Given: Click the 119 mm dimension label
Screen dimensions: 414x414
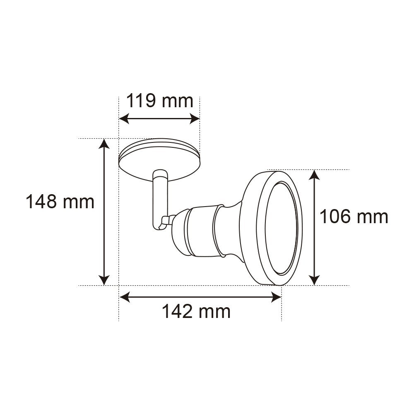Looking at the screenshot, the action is tap(160, 101).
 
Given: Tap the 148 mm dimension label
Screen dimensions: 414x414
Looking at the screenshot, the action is tap(60, 202).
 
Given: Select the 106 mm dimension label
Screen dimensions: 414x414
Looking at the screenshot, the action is tap(354, 217).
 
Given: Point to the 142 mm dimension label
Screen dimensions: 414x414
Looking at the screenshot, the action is tap(196, 312).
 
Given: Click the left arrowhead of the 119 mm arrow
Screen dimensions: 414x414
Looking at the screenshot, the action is tap(124, 119).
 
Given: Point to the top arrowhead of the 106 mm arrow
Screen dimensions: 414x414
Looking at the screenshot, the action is tap(314, 175).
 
